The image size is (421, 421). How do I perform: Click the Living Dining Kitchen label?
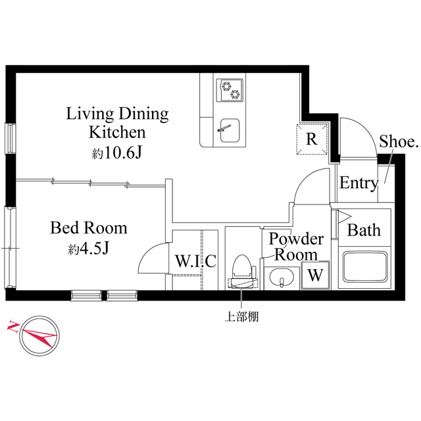click(117, 122)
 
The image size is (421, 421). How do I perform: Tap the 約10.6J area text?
click(117, 154)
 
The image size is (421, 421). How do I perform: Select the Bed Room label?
click(89, 229)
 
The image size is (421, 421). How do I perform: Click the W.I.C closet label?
click(195, 261)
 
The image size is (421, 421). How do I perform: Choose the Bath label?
click(363, 230)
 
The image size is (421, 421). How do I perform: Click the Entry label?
click(358, 184)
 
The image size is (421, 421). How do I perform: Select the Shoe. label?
click(399, 141)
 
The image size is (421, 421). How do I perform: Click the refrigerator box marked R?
click(312, 139)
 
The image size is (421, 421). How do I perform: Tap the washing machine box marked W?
click(314, 275)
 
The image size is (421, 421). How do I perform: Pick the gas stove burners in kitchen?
click(230, 89)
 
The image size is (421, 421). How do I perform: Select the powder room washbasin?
click(282, 280)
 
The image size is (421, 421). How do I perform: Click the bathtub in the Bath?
click(364, 267)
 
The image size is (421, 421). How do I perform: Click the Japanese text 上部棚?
click(241, 316)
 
